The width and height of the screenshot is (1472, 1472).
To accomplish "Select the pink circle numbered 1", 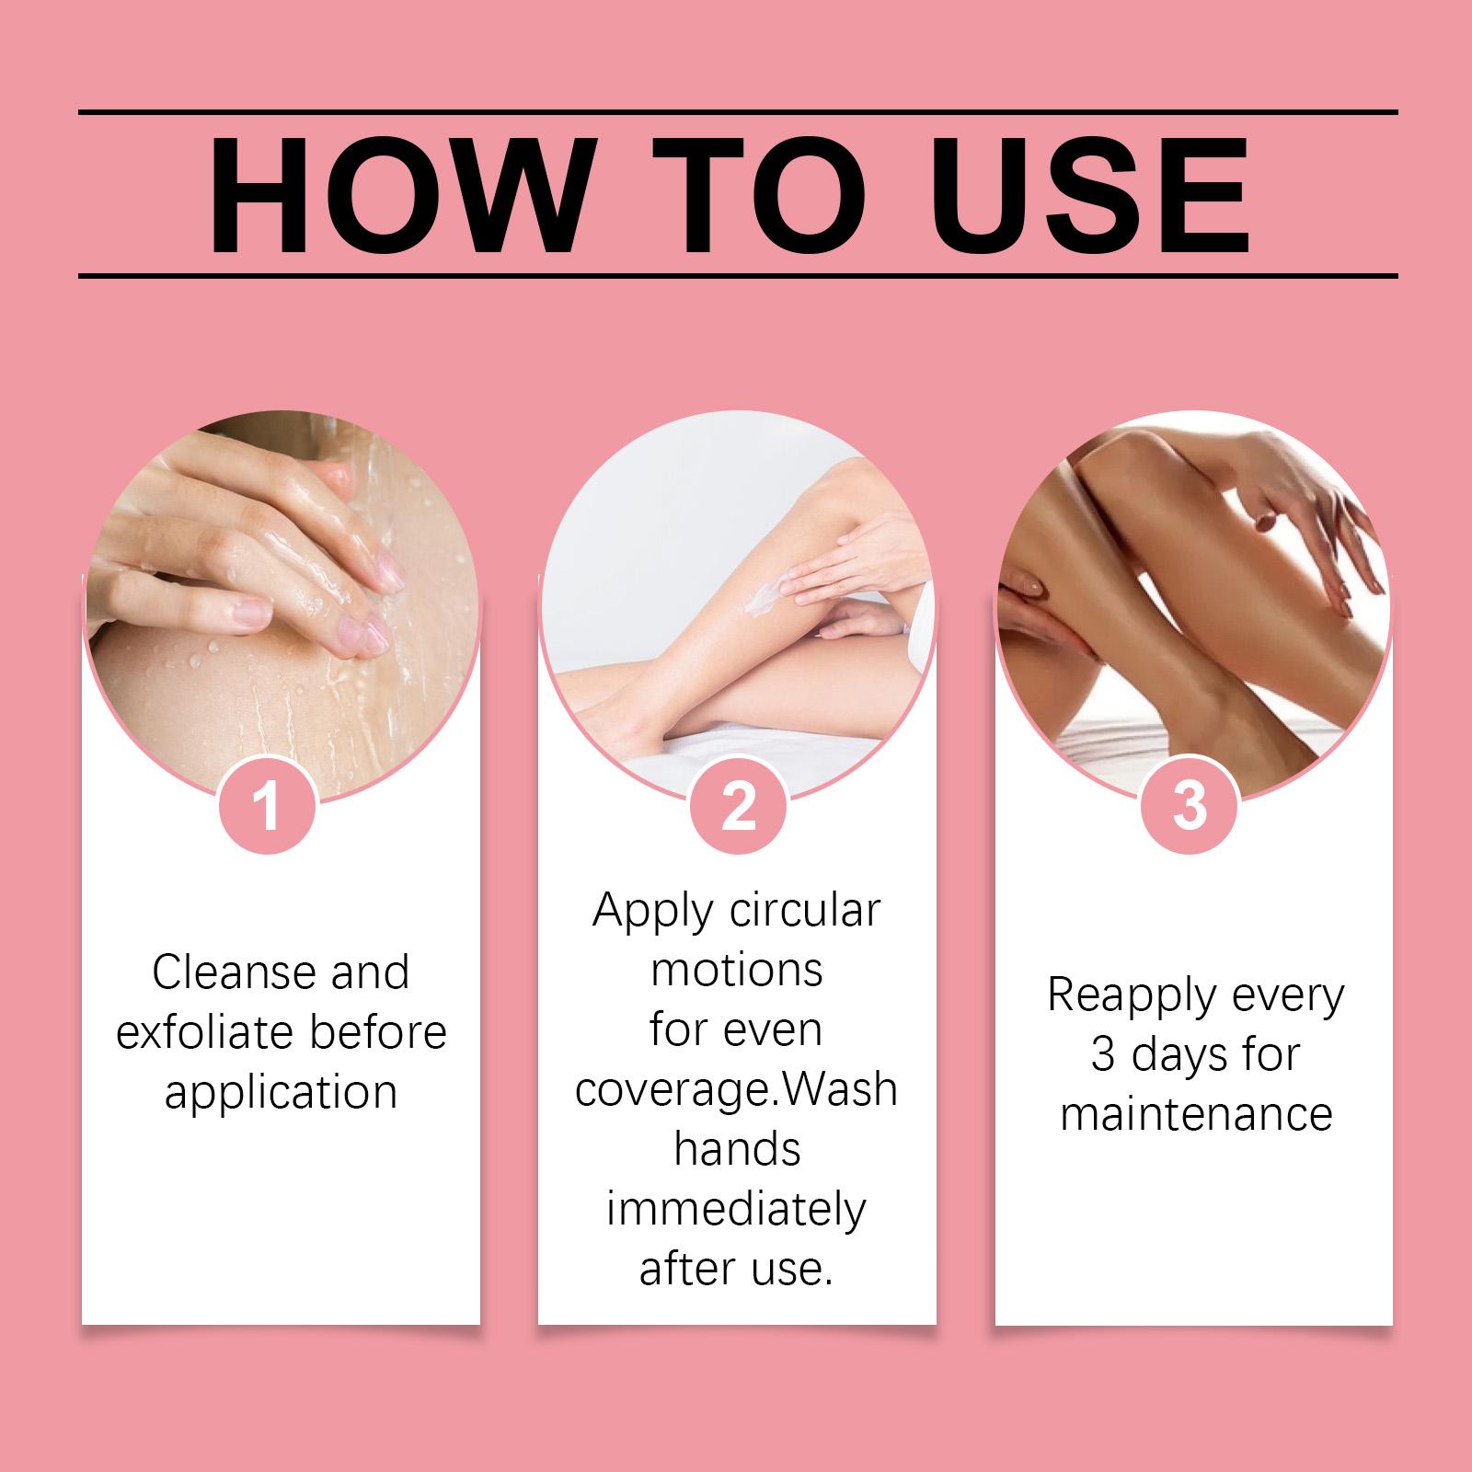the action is click(x=268, y=805).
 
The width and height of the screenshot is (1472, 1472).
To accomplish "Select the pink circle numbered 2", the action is click(x=738, y=805).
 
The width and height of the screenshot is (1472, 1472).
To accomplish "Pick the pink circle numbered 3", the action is click(x=1190, y=805).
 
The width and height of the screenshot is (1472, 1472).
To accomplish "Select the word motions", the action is click(x=737, y=970).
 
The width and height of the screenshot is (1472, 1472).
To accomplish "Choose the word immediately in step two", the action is click(x=736, y=1211).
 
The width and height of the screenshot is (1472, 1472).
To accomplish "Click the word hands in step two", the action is click(x=737, y=1149).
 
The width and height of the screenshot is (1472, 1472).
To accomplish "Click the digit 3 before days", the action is click(x=1105, y=1054).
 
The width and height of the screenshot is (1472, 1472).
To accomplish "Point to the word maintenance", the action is click(x=1196, y=1114).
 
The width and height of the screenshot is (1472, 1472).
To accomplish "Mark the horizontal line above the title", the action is click(x=738, y=112).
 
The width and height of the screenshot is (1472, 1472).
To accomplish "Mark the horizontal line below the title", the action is click(x=738, y=275).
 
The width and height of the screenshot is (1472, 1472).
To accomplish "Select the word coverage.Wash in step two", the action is click(x=736, y=1090).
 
